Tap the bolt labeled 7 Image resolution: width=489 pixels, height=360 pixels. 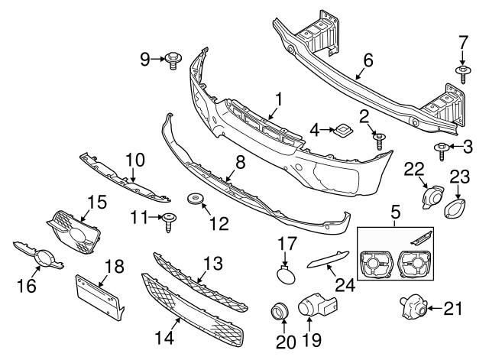tap(463, 73)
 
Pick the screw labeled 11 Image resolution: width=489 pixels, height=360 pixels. tap(168, 220)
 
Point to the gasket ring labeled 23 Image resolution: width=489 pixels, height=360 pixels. tap(453, 209)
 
